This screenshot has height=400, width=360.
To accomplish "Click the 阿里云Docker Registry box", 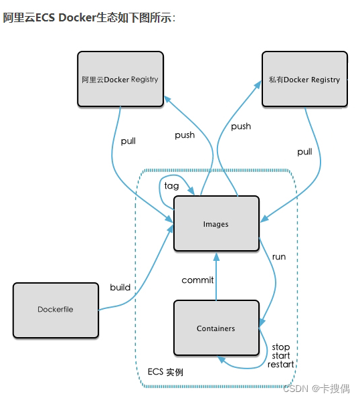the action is pyautogui.click(x=120, y=79).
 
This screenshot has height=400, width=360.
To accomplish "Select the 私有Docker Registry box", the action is pyautogui.click(x=304, y=79).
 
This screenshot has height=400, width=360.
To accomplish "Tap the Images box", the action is pyautogui.click(x=216, y=223).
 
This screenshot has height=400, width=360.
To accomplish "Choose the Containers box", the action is pyautogui.click(x=216, y=328).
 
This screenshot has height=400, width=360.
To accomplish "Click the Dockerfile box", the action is pyautogui.click(x=56, y=310).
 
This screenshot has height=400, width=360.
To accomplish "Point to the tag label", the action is pyautogui.click(x=171, y=186).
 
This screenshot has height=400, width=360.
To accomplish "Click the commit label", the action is pyautogui.click(x=197, y=280).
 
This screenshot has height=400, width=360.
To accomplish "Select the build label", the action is pyautogui.click(x=120, y=287).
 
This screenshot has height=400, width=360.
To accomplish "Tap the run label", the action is pyautogui.click(x=279, y=257).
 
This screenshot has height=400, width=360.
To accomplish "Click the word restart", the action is pyautogui.click(x=280, y=365).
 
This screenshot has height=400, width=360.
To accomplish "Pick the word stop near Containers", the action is pyautogui.click(x=280, y=347).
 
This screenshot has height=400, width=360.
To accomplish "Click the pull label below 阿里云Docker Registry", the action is pyautogui.click(x=128, y=141).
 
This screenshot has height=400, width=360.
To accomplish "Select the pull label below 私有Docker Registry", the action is pyautogui.click(x=304, y=152).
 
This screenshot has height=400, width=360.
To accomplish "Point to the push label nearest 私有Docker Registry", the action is pyautogui.click(x=241, y=126).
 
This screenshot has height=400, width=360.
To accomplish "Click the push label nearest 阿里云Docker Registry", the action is pyautogui.click(x=185, y=135).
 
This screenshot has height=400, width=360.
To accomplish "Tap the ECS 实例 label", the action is pyautogui.click(x=165, y=372).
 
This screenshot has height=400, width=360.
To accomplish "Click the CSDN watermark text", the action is pyautogui.click(x=317, y=389).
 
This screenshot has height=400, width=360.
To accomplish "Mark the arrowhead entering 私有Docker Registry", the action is pyautogui.click(x=258, y=84).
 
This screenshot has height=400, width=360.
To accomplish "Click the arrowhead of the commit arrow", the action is pyautogui.click(x=216, y=257).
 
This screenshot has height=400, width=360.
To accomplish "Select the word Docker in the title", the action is pyautogui.click(x=77, y=17).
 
